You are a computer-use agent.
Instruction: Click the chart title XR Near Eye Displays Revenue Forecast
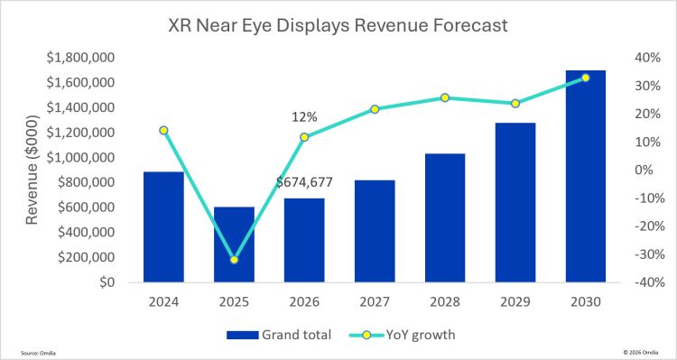[338, 26]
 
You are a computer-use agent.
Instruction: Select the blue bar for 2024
[163, 227]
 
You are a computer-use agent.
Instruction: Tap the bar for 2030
[586, 176]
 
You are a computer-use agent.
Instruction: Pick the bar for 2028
[445, 218]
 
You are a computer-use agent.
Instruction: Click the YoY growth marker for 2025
[234, 260]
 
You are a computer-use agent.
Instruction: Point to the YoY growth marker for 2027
[375, 109]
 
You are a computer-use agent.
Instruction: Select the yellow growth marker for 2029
[515, 104]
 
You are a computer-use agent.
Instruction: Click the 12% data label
[303, 117]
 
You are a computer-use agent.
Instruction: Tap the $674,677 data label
[304, 182]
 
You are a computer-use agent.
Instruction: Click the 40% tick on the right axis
[648, 58]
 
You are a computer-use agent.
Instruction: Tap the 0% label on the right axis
[651, 170]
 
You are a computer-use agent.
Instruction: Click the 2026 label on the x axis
[304, 301]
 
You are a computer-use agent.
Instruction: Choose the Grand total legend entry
[279, 335]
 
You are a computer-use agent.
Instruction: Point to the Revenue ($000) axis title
[32, 170]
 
